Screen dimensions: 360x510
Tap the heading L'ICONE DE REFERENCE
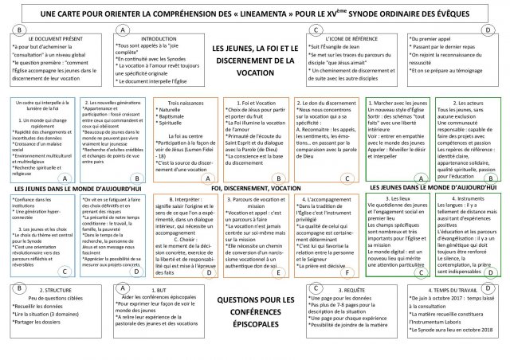pyautogui.click(x=328, y=38)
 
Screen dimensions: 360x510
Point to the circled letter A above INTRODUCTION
pyautogui.click(x=121, y=29)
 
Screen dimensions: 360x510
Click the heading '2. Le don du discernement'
pyautogui.click(x=327, y=104)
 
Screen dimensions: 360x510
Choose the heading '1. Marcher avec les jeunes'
pyautogui.click(x=401, y=104)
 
